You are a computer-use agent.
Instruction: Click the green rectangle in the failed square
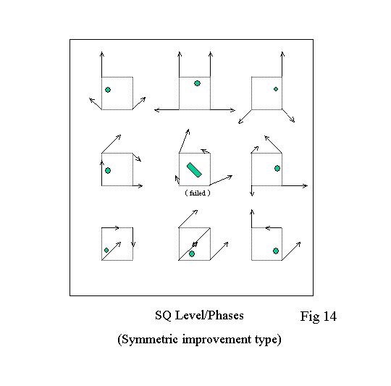194,170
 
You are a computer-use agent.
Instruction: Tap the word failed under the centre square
198,193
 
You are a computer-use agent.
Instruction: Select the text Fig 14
319,316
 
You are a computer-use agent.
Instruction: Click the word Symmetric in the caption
148,340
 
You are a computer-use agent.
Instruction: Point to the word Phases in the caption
225,316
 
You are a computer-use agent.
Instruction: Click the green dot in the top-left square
108,90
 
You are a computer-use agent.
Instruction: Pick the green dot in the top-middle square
197,83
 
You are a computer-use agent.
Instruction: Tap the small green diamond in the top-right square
276,89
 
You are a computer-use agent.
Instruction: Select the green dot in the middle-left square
108,171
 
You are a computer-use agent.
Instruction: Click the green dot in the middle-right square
277,168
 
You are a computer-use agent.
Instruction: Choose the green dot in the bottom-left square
106,250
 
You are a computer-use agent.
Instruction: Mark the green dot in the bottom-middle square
192,254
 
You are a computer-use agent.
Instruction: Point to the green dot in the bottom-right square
276,251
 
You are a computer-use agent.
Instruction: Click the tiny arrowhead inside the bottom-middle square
195,244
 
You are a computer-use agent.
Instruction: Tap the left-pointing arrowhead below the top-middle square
157,109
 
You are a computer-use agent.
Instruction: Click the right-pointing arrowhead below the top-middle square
232,109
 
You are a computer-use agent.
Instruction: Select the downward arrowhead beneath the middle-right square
251,193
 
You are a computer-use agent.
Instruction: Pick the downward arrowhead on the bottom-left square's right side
133,244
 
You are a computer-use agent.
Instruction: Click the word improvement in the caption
216,340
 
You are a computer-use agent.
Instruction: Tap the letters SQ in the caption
163,316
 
